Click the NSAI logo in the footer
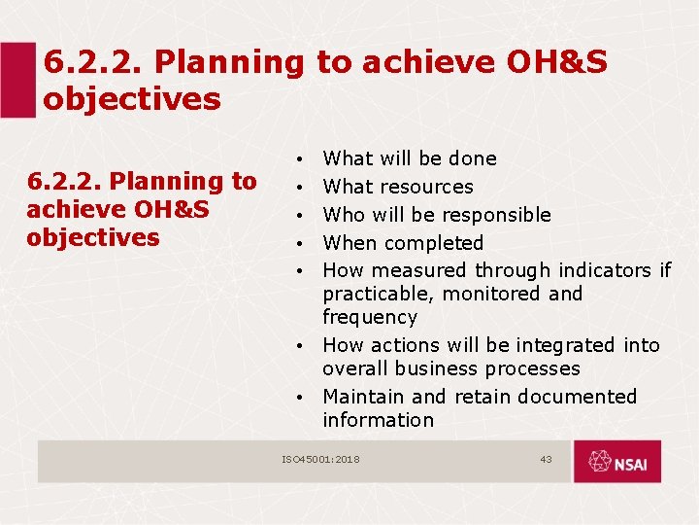(x=616, y=462)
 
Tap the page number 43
(x=546, y=459)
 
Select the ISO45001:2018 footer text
(x=320, y=459)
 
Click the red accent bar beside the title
(x=17, y=80)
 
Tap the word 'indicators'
(x=602, y=270)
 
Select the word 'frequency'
(x=370, y=317)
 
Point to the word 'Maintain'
(x=364, y=397)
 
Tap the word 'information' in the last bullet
(x=378, y=420)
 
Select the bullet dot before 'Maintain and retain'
(x=304, y=398)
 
